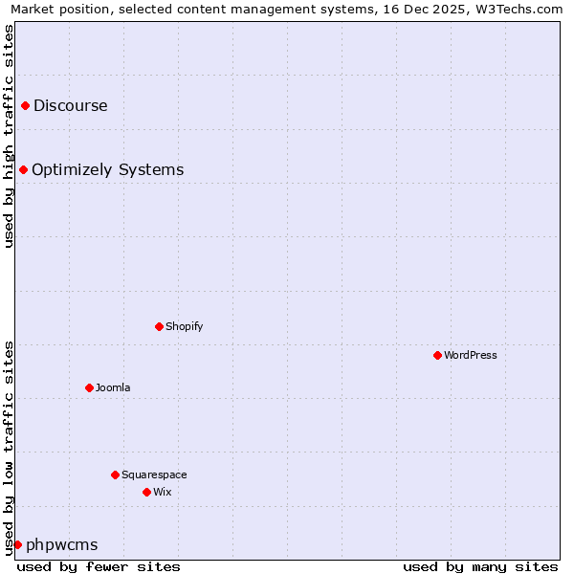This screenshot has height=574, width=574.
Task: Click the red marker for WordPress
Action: (437, 355)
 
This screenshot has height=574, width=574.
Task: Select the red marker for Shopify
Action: (159, 326)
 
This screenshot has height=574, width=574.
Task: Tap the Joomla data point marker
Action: (89, 387)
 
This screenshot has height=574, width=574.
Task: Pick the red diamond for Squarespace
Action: (115, 475)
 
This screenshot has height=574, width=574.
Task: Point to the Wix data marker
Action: (146, 492)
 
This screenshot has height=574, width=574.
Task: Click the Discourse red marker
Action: (25, 105)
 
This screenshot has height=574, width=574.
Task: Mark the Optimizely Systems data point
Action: (23, 169)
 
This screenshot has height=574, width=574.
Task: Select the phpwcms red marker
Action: (17, 544)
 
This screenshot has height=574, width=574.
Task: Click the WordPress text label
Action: (471, 355)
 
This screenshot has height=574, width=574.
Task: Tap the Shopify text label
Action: (185, 326)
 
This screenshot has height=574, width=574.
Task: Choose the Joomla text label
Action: (113, 387)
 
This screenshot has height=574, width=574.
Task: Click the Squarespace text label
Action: (154, 475)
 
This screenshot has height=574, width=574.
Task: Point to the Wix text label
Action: (163, 492)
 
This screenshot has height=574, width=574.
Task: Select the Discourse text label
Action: (71, 105)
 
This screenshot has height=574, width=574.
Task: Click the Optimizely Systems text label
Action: (108, 169)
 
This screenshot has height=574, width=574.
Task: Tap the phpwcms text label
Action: (62, 544)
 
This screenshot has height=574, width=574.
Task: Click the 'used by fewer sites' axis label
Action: (99, 566)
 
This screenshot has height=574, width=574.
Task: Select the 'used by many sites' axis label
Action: (480, 566)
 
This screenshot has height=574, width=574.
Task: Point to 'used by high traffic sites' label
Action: (9, 136)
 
